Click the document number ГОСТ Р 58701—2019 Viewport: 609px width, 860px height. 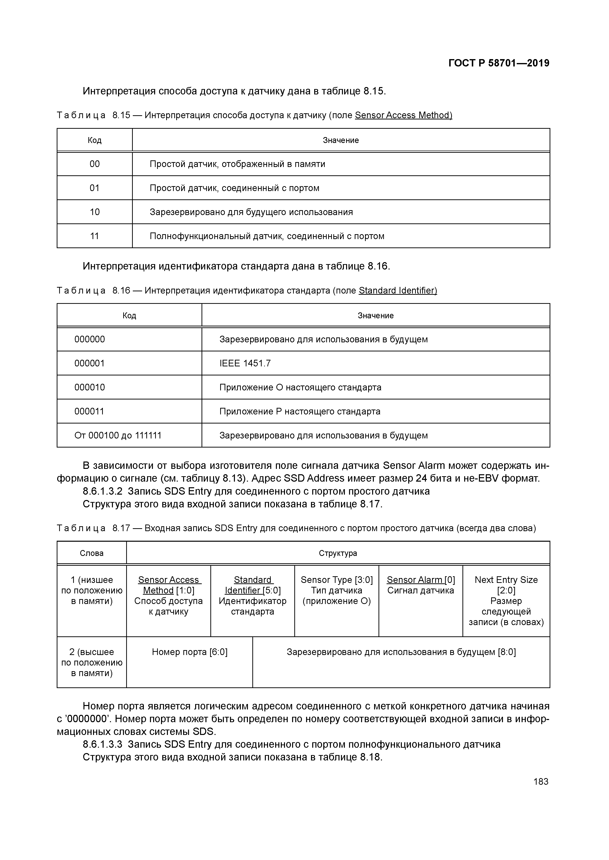click(x=499, y=63)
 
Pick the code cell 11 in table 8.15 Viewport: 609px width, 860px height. click(x=95, y=236)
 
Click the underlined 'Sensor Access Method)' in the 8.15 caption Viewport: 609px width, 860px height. click(x=404, y=115)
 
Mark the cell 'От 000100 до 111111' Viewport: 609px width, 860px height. click(x=118, y=435)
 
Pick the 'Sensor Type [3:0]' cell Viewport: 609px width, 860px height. click(x=337, y=590)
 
